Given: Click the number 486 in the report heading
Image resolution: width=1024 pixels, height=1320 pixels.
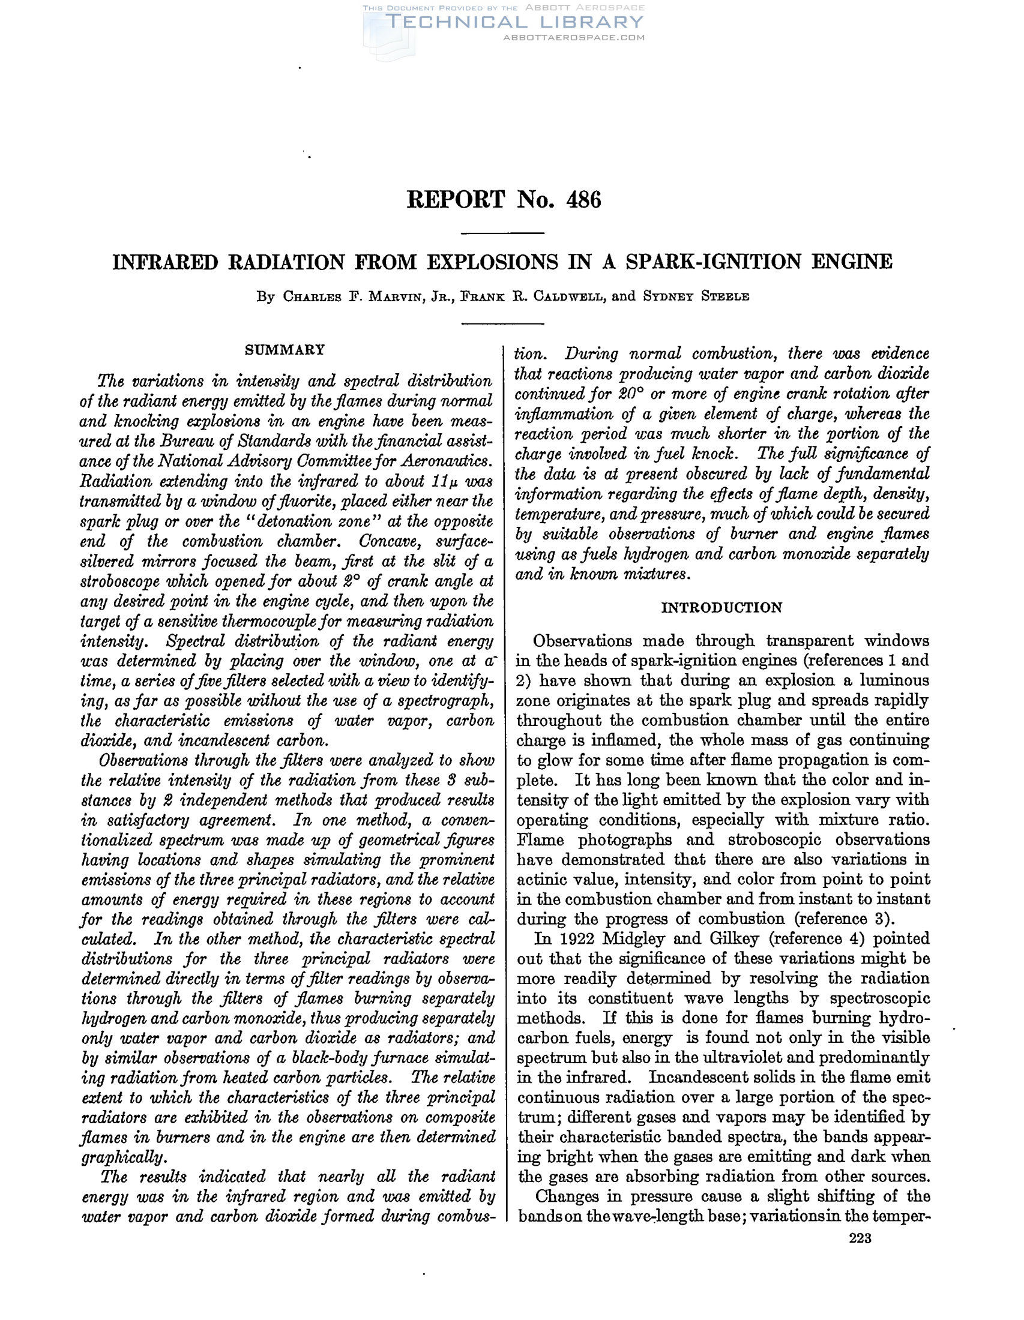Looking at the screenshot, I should pyautogui.click(x=583, y=199).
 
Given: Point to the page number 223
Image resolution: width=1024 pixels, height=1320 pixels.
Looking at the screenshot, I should pyautogui.click(x=860, y=1238).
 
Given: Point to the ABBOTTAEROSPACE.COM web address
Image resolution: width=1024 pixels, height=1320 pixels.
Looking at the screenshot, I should pyautogui.click(x=574, y=37).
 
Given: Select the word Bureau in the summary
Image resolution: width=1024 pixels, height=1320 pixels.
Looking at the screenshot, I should pyautogui.click(x=181, y=442).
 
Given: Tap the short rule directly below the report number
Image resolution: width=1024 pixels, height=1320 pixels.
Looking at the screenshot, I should pyautogui.click(x=503, y=233).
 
